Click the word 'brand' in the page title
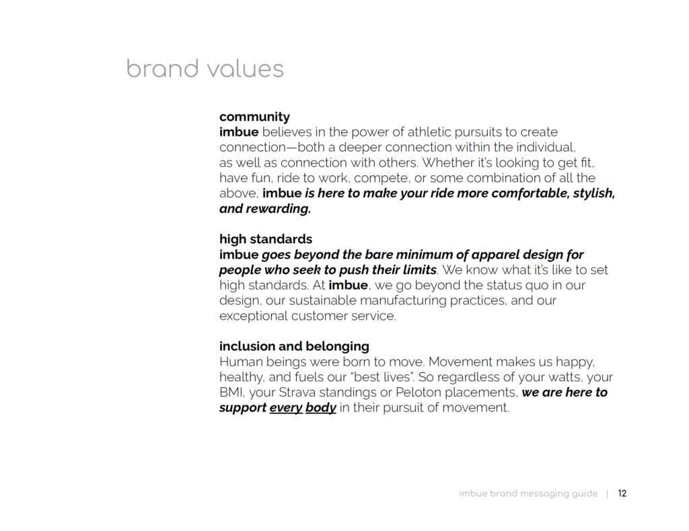click(x=163, y=69)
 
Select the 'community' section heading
click(x=254, y=117)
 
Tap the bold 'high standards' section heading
click(x=266, y=239)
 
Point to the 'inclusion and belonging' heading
click(x=294, y=346)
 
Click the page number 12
click(x=622, y=493)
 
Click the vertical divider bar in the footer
click(x=608, y=493)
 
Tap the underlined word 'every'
click(x=286, y=407)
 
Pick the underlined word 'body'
click(x=321, y=407)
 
